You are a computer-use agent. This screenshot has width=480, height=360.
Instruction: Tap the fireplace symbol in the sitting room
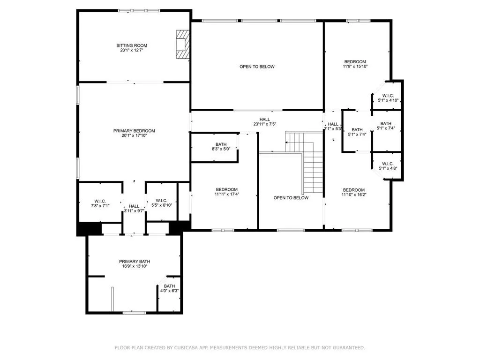(182, 45)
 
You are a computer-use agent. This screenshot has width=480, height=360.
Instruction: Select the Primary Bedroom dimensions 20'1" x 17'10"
(134, 136)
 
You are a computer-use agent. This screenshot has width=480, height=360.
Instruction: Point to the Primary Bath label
(135, 262)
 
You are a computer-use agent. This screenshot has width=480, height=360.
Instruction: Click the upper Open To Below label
(257, 67)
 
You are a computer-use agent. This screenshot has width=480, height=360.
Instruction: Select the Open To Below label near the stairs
(291, 198)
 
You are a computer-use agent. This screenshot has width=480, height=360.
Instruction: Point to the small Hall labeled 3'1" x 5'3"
(333, 127)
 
